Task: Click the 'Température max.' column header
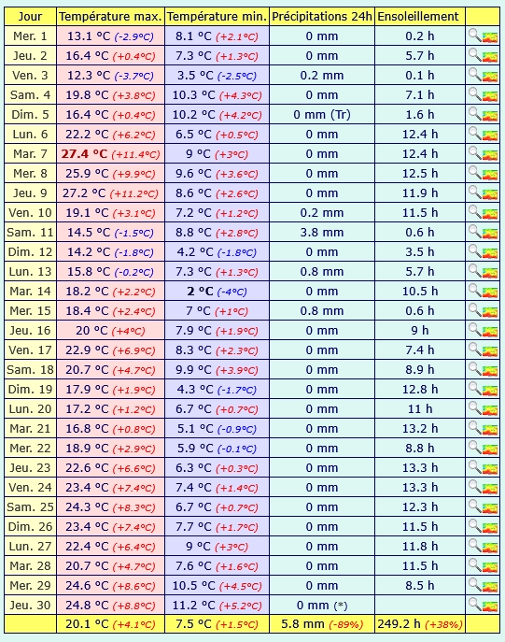pos(110,17)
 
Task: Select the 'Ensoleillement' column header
pos(418,17)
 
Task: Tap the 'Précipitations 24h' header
pos(322,17)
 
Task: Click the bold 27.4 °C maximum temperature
pos(84,154)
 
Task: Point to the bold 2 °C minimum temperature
pos(201,292)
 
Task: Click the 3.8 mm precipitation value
pos(322,233)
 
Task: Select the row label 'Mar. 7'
pos(30,154)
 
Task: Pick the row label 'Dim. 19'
pos(30,390)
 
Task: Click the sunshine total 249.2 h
pos(399,623)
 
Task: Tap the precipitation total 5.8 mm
pos(302,623)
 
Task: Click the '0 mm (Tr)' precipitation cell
pos(322,115)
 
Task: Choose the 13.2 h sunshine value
pos(420,429)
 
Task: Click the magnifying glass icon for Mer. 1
pos(475,36)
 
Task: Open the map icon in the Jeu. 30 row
pos(490,606)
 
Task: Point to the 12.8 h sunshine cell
pos(420,390)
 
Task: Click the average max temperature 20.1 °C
pos(87,623)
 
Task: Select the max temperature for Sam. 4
pos(87,95)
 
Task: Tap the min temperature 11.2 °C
pos(193,606)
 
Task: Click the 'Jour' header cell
pos(30,17)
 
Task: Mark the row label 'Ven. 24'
pos(30,488)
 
